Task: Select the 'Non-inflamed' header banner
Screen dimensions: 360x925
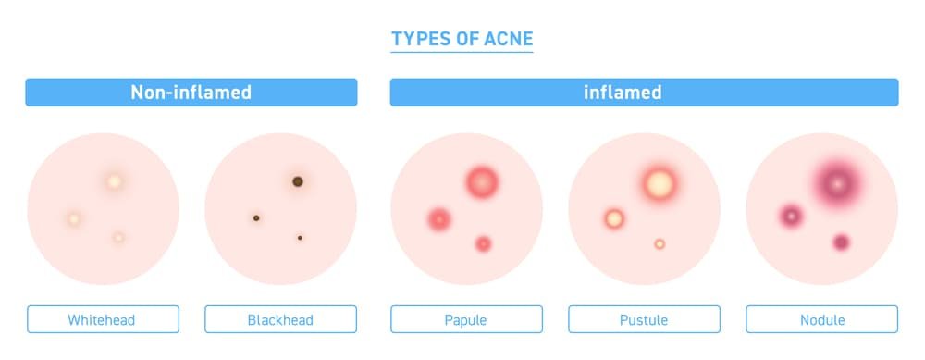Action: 191,93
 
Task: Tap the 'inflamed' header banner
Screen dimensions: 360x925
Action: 644,93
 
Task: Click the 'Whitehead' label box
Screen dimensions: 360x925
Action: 102,320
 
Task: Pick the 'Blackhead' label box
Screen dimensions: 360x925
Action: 280,320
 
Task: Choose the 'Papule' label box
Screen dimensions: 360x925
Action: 465,320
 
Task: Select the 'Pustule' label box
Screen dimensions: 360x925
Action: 644,320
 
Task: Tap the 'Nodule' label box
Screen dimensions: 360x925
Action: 821,320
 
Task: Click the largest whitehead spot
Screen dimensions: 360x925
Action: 114,182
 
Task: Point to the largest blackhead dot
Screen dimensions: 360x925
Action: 298,181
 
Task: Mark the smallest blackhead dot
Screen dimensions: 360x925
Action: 300,238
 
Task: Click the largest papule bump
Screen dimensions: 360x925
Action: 482,181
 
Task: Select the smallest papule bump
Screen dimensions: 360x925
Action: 483,244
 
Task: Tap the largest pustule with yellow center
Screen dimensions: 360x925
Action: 659,183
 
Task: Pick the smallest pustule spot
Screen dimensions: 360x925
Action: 660,244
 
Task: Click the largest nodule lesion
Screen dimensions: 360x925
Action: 838,183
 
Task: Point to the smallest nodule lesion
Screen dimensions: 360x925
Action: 841,242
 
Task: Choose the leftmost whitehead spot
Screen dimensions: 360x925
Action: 74,219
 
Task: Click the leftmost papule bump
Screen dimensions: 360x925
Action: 438,219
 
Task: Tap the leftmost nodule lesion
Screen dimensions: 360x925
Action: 792,216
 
